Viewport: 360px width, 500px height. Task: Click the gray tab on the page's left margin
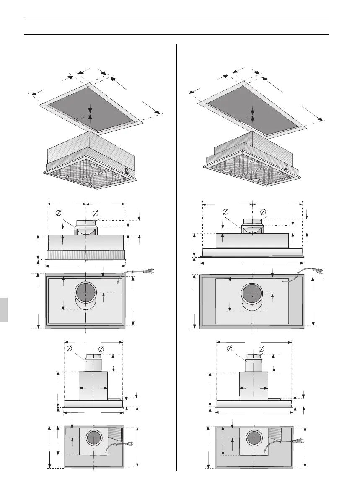click(4, 309)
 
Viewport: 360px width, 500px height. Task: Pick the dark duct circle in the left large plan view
click(86, 292)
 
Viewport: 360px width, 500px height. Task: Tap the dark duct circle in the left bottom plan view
click(94, 438)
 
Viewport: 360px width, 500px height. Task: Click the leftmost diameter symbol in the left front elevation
click(58, 214)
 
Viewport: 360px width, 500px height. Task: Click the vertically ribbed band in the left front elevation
click(86, 254)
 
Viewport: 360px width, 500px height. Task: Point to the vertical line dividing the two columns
click(176, 251)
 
